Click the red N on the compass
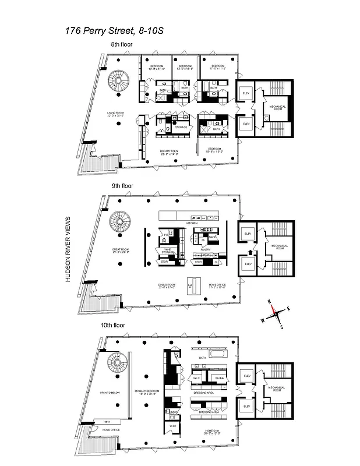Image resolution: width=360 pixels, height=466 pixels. coord(270,301)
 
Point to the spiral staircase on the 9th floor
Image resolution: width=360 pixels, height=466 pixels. coord(121,222)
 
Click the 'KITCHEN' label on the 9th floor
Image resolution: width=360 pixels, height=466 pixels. coord(192,223)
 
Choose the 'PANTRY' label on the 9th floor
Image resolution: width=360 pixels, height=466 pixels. coord(206,249)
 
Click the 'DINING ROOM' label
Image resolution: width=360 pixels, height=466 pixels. coord(167,285)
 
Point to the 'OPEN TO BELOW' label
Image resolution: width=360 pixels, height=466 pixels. coord(110,393)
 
